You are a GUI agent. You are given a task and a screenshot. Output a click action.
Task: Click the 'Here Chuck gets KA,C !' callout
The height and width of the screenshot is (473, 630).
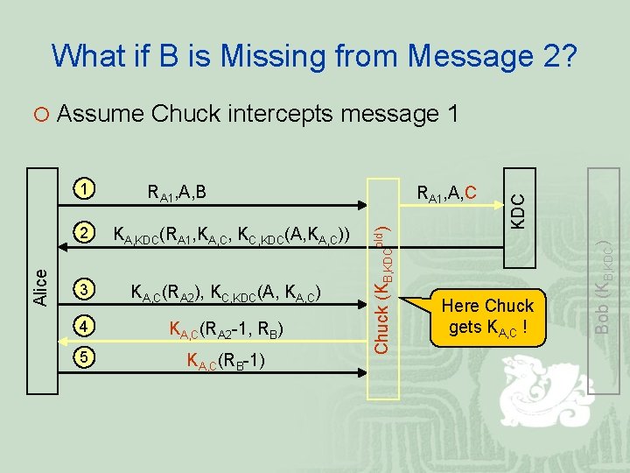pos(487,317)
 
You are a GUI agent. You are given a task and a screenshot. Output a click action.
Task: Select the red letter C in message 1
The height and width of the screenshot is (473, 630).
pos(471,190)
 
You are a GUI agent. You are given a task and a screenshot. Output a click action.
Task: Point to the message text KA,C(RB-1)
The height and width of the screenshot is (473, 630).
pos(226,361)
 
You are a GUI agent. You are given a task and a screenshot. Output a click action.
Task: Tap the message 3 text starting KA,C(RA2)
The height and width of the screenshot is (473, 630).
pos(226,292)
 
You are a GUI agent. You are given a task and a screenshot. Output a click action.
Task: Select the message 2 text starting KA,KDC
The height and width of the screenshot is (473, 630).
pos(232,236)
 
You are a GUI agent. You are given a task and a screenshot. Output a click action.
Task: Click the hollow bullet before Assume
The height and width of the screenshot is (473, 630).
pos(42,115)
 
